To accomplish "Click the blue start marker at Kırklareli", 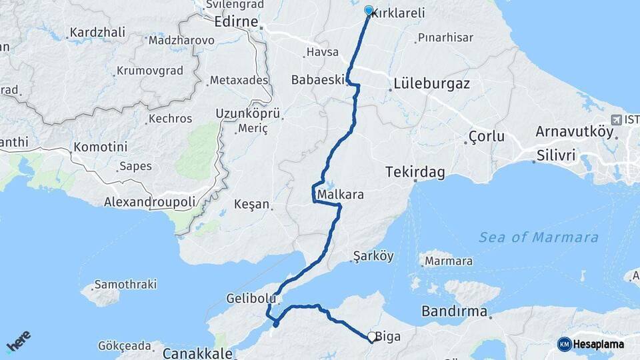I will (x=369, y=10).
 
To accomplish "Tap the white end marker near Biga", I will (x=371, y=337).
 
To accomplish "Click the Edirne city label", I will (x=235, y=22).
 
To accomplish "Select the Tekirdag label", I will (x=415, y=172).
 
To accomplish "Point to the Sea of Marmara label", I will (x=539, y=237).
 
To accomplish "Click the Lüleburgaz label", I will (x=431, y=85).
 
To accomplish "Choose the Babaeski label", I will (x=317, y=80).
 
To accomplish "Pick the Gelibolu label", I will (x=251, y=299).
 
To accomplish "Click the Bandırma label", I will (x=454, y=311).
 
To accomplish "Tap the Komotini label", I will (x=100, y=146).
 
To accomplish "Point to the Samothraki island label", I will (x=125, y=284).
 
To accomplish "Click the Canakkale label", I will (x=197, y=353).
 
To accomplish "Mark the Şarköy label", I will (x=373, y=256).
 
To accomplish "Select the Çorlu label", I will (x=486, y=137).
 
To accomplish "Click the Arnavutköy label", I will (x=574, y=131).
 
